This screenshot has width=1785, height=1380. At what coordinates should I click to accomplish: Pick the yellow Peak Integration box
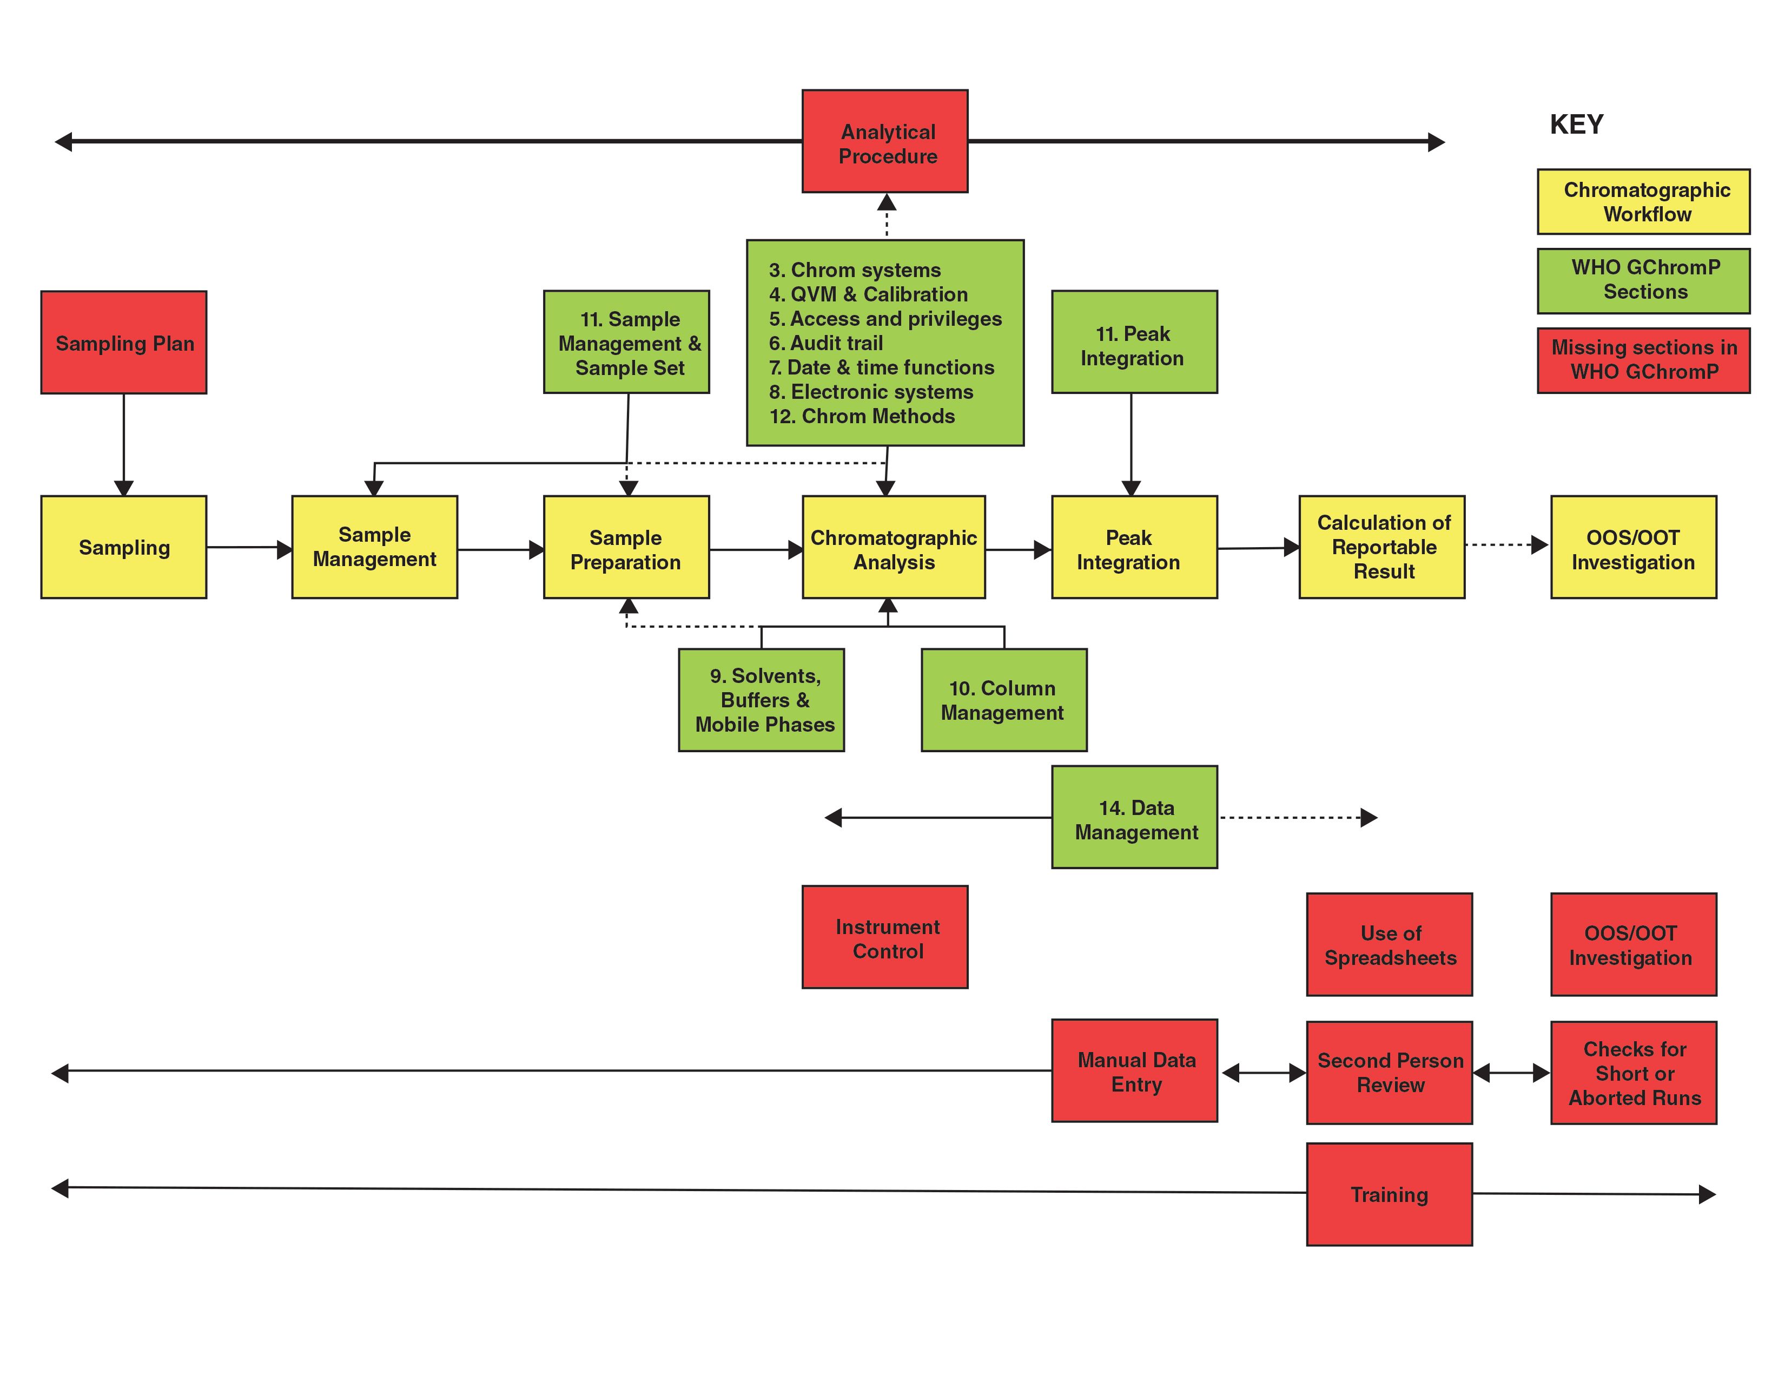[x=1134, y=547]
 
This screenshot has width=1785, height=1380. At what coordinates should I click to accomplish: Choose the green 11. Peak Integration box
[x=1134, y=343]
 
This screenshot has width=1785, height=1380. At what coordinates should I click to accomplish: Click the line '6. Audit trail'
[x=825, y=343]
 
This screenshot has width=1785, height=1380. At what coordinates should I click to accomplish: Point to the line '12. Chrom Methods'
[x=862, y=416]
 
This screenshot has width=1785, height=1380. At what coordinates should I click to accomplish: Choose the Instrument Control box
[x=884, y=938]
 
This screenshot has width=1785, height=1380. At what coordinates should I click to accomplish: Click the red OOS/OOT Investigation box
[x=1633, y=944]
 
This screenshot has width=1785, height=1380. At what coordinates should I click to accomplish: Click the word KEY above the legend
[x=1576, y=124]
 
